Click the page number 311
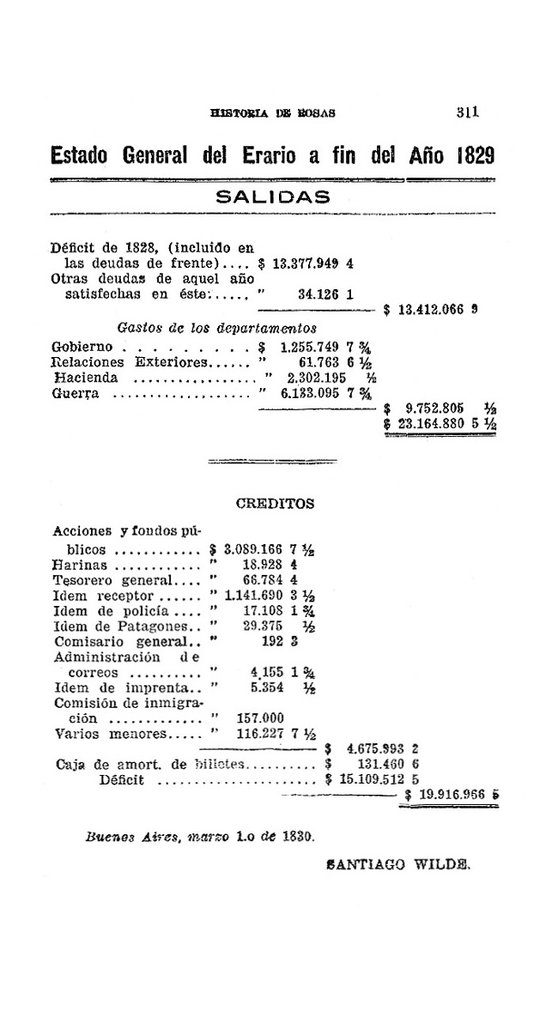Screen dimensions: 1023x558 (x=467, y=112)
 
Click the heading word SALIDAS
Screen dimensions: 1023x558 (x=272, y=196)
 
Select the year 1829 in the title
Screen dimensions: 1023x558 (x=475, y=156)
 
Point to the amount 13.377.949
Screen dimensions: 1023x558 (x=306, y=264)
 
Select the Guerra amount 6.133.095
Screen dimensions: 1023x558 (x=313, y=393)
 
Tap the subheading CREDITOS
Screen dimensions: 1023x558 (x=275, y=504)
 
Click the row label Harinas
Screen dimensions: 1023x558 (x=80, y=566)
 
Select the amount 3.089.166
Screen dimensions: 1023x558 (x=253, y=550)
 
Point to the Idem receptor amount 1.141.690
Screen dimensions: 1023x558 (x=252, y=596)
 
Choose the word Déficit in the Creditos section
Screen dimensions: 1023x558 (x=121, y=780)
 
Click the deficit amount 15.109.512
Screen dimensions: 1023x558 (x=374, y=780)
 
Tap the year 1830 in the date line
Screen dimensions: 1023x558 (x=291, y=834)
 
